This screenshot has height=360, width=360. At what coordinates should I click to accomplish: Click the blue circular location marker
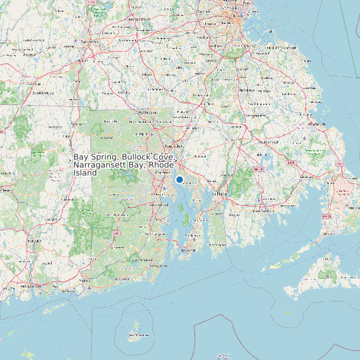pyautogui.click(x=179, y=179)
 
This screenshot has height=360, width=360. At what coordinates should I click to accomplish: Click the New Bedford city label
pyautogui.click(x=265, y=210)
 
